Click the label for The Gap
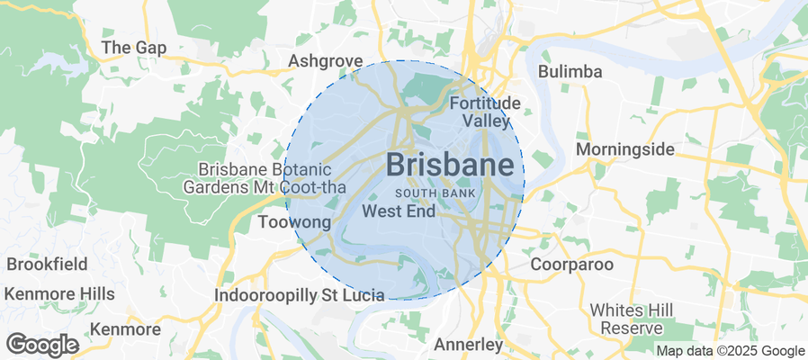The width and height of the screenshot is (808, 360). [134, 48]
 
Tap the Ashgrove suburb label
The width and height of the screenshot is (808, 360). [325, 61]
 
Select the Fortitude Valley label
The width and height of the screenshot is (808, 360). [486, 112]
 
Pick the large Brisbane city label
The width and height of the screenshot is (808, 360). [455, 164]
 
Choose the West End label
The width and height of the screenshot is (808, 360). [398, 211]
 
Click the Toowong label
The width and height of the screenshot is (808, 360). [294, 221]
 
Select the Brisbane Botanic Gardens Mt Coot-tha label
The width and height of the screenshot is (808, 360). [265, 178]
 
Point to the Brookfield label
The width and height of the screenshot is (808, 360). [47, 265]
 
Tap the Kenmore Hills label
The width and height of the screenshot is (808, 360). [59, 294]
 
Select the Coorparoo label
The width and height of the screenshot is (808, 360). [571, 265]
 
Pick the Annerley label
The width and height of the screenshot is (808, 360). [467, 344]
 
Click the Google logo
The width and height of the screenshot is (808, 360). [41, 344]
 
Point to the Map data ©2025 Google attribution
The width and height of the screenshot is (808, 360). [730, 351]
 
